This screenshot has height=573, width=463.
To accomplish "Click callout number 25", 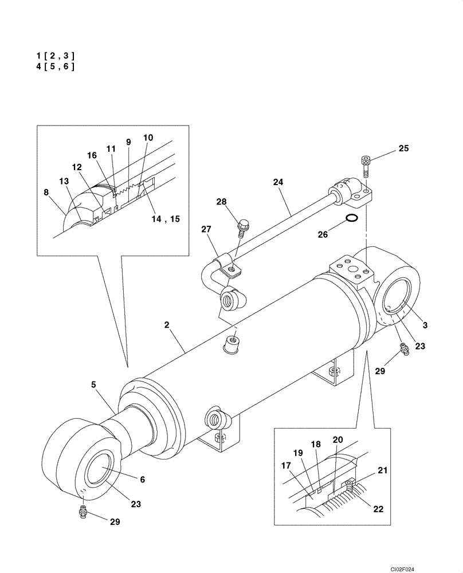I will pyautogui.click(x=403, y=149).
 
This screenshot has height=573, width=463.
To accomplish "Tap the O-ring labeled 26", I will pyautogui.click(x=354, y=218).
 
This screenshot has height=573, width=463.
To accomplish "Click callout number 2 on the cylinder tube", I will pyautogui.click(x=166, y=325).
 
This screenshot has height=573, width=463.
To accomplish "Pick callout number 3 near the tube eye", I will pyautogui.click(x=425, y=325).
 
